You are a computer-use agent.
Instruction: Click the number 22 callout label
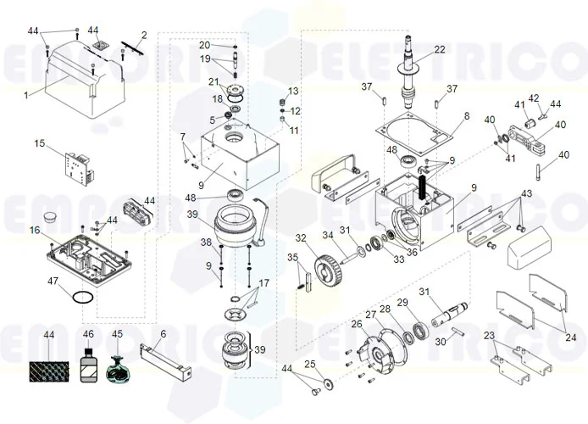(439, 50)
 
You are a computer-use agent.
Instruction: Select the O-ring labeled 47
(82, 298)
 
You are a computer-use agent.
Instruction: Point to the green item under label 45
(118, 370)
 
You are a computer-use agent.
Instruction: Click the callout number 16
(35, 230)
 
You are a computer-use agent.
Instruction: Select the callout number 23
(489, 337)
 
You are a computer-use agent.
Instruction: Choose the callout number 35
(292, 257)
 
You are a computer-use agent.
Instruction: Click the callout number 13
(294, 91)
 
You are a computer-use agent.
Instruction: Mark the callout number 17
(263, 282)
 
